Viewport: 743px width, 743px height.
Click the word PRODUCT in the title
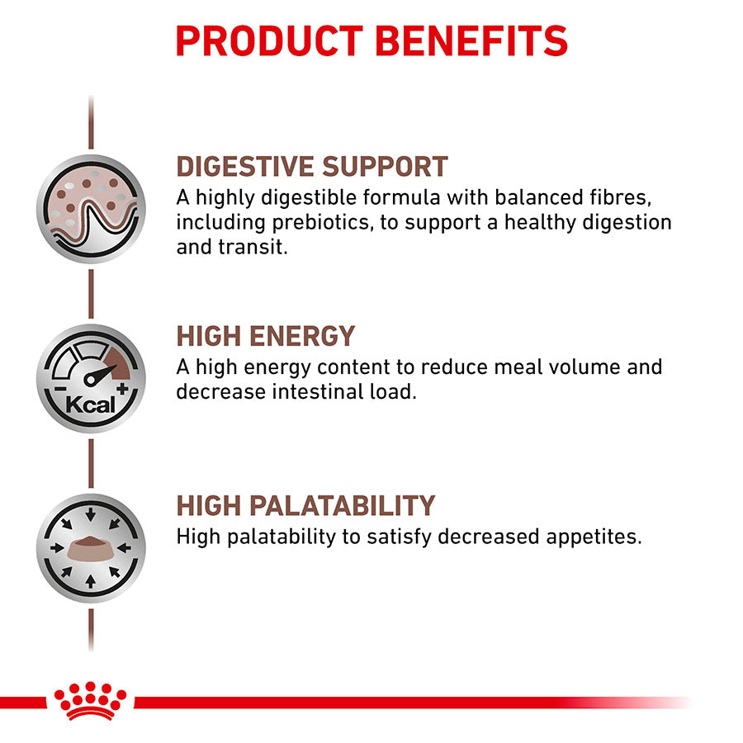(269, 40)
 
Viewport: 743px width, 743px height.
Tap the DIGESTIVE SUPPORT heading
(312, 167)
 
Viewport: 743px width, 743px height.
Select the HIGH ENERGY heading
(265, 336)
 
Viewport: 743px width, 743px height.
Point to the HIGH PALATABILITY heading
(305, 505)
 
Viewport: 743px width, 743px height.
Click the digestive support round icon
(91, 209)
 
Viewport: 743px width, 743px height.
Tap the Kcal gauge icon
(91, 379)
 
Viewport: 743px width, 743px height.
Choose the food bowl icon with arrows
(91, 547)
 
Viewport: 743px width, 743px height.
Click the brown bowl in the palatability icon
(91, 548)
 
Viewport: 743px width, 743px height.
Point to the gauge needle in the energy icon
(97, 374)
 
